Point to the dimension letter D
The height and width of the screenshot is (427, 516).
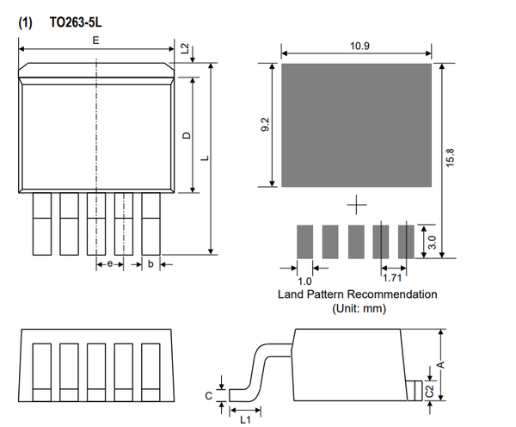186,135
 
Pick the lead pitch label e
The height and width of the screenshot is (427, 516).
110,264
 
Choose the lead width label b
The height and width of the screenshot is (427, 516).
150,264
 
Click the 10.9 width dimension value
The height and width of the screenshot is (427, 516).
361,46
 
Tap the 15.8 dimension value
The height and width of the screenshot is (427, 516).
450,159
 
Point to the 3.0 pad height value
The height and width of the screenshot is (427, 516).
432,242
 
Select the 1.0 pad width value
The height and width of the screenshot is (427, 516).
304,280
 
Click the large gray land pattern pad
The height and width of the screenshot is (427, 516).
357,124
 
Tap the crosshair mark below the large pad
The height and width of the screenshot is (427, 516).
357,205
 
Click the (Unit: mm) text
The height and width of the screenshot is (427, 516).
357,308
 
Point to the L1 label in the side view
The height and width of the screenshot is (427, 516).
244,418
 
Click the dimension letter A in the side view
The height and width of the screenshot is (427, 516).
441,364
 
